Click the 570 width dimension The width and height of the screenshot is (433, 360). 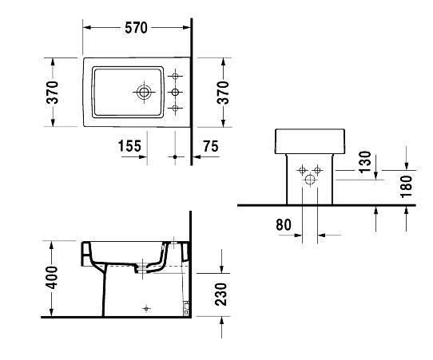tap(136, 28)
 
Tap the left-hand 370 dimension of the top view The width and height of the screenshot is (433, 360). tap(53, 92)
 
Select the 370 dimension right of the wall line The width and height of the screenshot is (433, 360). tap(223, 93)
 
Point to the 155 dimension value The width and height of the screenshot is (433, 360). tap(129, 146)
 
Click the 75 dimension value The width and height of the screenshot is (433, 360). tap(211, 146)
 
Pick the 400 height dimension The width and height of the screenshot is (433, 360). tap(52, 278)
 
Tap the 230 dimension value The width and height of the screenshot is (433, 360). tap(221, 294)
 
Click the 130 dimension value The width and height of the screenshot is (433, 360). tap(366, 161)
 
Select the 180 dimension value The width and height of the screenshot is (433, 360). tap(406, 187)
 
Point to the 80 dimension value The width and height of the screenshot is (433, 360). tap(284, 224)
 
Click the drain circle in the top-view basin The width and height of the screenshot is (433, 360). tap(144, 92)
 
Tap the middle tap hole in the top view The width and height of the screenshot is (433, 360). tap(175, 92)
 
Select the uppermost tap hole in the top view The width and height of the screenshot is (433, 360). tap(175, 76)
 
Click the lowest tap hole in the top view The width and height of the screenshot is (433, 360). tap(175, 108)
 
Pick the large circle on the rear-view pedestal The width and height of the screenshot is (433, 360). tap(310, 180)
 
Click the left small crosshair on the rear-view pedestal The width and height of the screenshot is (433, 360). tap(303, 170)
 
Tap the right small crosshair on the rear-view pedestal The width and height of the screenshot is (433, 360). tap(318, 170)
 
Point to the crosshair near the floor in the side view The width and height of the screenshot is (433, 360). tap(146, 308)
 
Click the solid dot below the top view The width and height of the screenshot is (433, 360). tap(175, 156)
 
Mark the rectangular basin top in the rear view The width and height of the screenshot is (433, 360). tap(309, 141)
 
